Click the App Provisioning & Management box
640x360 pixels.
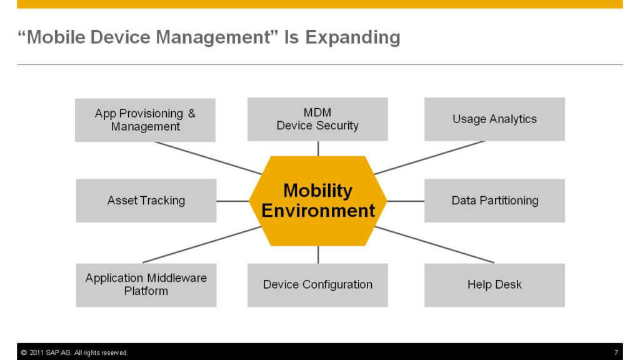click(145, 120)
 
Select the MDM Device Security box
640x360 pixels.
click(317, 119)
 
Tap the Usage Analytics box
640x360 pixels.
click(495, 119)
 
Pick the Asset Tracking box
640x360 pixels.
click(146, 201)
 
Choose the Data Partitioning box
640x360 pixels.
click(495, 201)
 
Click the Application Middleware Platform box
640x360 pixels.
click(146, 285)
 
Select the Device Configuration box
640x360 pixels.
click(317, 285)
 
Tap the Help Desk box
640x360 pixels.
click(495, 285)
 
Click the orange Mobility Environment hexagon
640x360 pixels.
click(318, 201)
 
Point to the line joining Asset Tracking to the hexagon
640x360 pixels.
click(232, 201)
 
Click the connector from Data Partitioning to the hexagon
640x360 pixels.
click(406, 201)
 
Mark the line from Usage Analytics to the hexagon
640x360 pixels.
click(429, 157)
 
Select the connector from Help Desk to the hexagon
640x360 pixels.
click(434, 245)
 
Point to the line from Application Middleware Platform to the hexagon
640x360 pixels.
click(202, 245)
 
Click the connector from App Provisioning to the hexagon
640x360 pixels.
click(208, 158)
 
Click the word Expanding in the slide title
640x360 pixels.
click(352, 37)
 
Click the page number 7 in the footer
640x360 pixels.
click(616, 352)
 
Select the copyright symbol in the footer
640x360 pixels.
click(24, 352)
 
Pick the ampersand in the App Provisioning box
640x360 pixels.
click(191, 113)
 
